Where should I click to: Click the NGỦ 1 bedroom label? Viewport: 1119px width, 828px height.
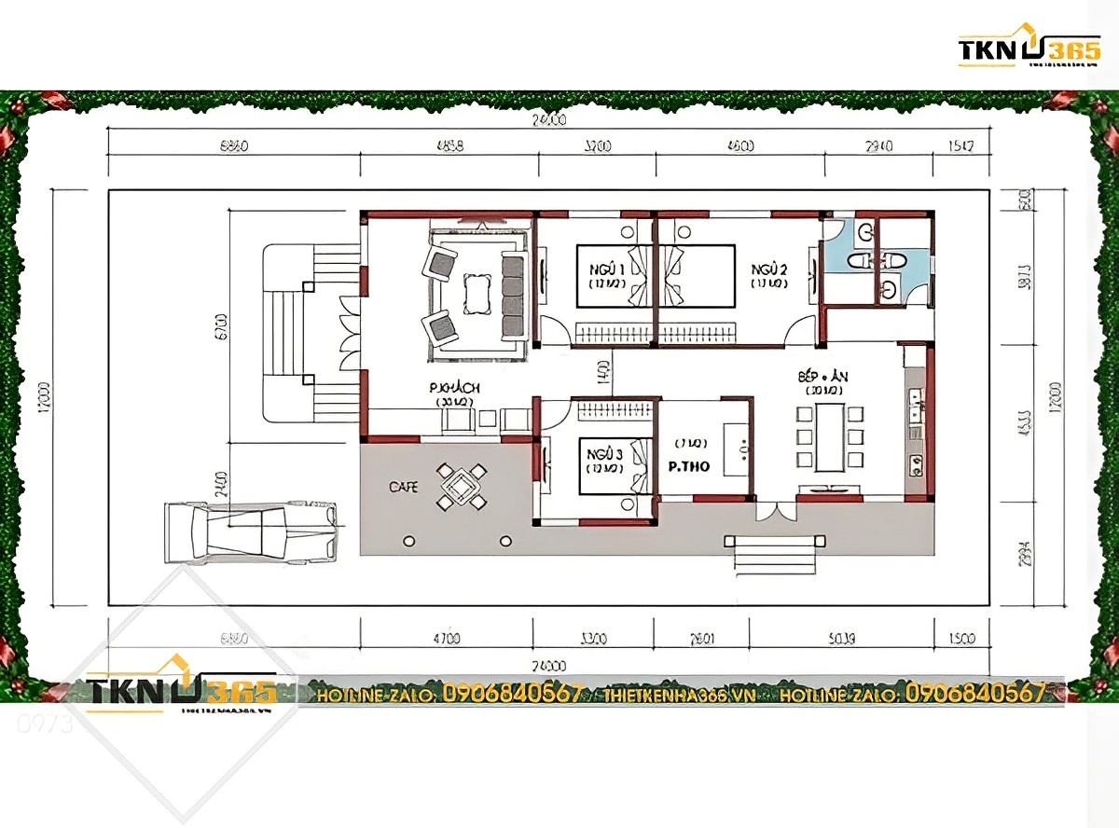pyautogui.click(x=606, y=269)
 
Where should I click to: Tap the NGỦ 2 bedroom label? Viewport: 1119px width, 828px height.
pyautogui.click(x=769, y=269)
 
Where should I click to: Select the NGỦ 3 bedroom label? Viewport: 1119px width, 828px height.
pyautogui.click(x=604, y=454)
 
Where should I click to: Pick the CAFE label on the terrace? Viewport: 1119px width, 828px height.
pyautogui.click(x=404, y=487)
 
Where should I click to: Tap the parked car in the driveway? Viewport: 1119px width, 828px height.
pyautogui.click(x=250, y=531)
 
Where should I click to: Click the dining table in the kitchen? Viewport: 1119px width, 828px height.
pyautogui.click(x=830, y=436)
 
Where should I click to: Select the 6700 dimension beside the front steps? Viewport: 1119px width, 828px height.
pyautogui.click(x=220, y=325)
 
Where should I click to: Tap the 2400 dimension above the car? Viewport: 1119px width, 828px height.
pyautogui.click(x=220, y=481)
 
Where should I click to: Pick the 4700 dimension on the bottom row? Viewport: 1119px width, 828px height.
pyautogui.click(x=447, y=640)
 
